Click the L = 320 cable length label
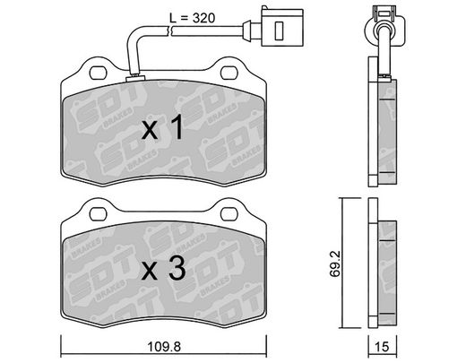click(192, 19)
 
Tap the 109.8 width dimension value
click(164, 347)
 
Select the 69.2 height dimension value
click(335, 264)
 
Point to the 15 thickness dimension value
click(382, 347)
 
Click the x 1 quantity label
click(163, 128)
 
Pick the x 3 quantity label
click(163, 269)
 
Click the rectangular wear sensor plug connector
click(282, 27)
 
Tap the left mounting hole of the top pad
click(98, 73)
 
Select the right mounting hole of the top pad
click(229, 73)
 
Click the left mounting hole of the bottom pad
click(98, 214)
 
